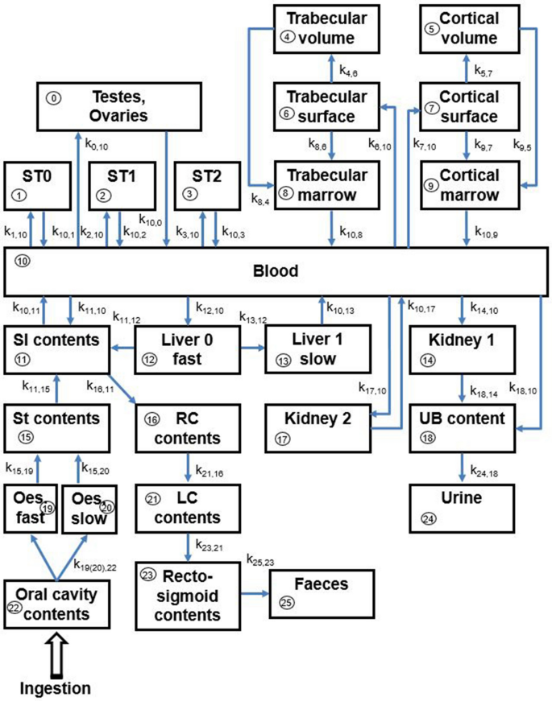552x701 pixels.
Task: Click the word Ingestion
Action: pos(54,688)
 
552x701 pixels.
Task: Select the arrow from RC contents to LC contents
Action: pos(188,465)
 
